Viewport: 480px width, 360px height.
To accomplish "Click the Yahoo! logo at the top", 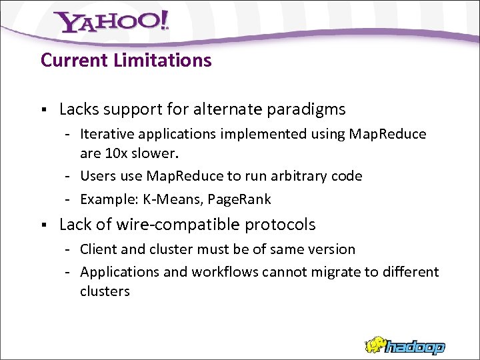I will point(112,23).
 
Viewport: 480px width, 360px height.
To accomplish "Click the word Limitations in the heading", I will point(163,61).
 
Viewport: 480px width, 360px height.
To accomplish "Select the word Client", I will point(99,249).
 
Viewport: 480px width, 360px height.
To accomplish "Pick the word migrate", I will point(315,272).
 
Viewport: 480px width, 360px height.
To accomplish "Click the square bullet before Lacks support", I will point(43,109).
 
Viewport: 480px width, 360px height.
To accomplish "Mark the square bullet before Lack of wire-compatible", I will point(43,225).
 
